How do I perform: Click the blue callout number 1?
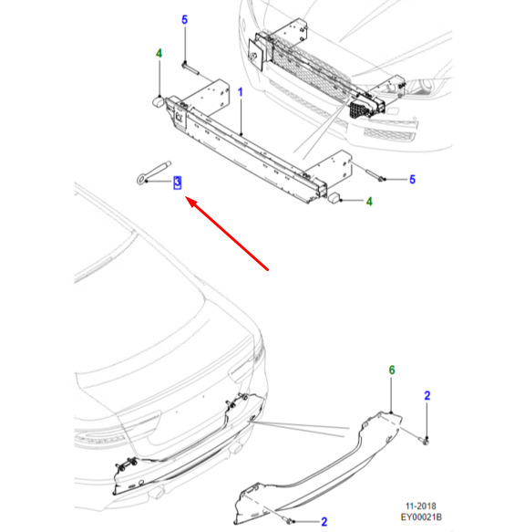pos(241,92)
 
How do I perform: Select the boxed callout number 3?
pos(177,183)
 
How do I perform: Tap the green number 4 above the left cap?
pos(159,54)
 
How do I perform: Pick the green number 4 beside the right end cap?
pos(369,202)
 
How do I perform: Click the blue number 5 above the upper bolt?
pos(184,20)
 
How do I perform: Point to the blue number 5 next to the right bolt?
pos(412,180)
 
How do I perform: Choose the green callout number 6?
pos(392,370)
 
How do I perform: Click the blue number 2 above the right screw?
pos(427,396)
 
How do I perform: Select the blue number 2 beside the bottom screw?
pos(324,521)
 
